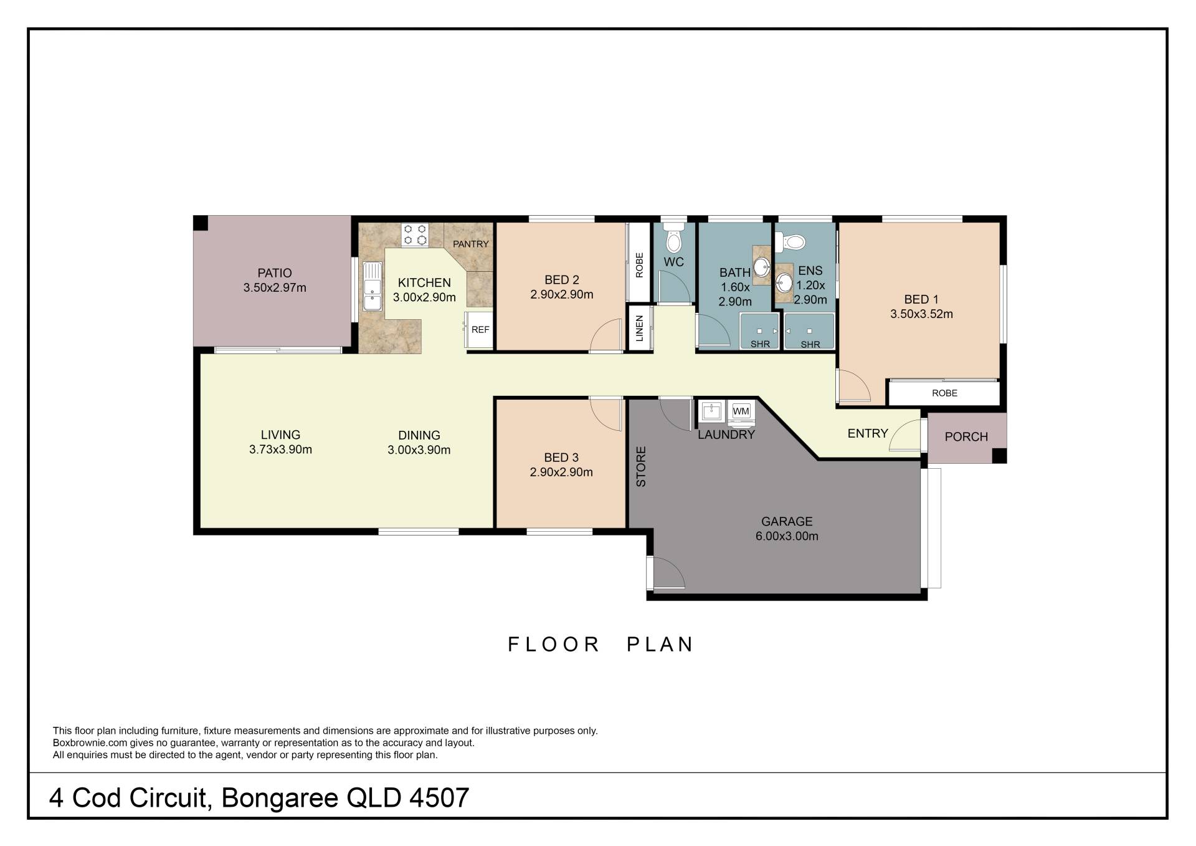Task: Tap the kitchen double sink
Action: [x=373, y=287]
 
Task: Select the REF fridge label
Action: [x=480, y=330]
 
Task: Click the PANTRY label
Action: [x=471, y=244]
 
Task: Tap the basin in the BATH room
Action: [x=761, y=267]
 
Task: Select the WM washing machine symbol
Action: [x=741, y=411]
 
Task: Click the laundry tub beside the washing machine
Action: [x=711, y=411]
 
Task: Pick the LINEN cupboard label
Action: [x=639, y=329]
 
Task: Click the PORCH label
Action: [x=966, y=437]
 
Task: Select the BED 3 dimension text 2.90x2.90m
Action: [x=561, y=473]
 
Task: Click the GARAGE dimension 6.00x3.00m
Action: [x=787, y=536]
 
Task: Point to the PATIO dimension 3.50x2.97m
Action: [x=275, y=288]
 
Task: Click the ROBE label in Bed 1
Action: [x=944, y=393]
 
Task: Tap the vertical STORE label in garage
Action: [x=641, y=466]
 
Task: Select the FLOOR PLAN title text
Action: [x=600, y=644]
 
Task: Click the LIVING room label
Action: [x=280, y=435]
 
